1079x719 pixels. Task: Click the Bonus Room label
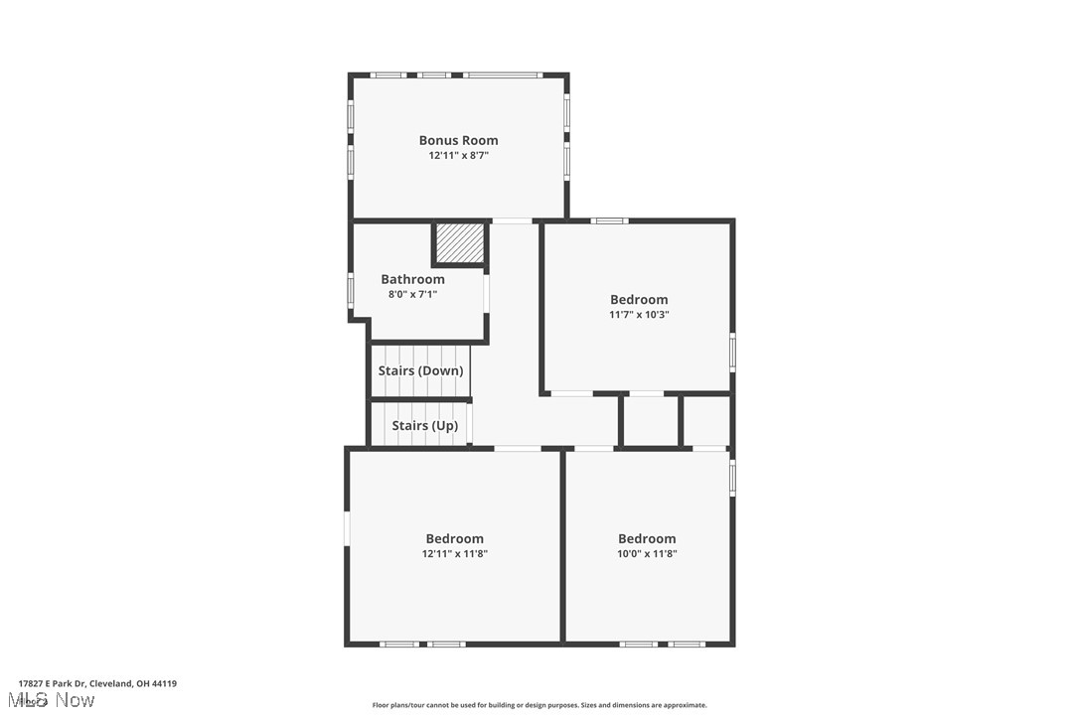(458, 141)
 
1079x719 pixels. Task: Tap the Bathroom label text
(412, 280)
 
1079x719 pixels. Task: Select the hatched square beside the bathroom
(460, 242)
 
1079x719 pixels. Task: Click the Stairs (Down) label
(420, 371)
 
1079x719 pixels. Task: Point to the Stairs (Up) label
(424, 426)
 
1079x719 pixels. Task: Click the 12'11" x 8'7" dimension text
(458, 156)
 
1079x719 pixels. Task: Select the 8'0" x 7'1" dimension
(412, 294)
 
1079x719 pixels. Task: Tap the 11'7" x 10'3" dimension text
(639, 315)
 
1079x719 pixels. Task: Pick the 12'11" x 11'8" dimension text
(454, 554)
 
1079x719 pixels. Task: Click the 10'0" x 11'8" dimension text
(647, 554)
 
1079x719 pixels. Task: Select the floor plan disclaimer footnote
(539, 705)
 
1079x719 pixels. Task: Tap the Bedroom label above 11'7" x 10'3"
(639, 300)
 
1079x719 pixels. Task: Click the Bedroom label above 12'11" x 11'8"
(454, 539)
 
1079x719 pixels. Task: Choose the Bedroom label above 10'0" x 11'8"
(647, 539)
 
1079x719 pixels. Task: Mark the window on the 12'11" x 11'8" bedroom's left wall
(347, 527)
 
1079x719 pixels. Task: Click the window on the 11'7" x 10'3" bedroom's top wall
(609, 220)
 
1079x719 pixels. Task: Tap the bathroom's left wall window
(350, 289)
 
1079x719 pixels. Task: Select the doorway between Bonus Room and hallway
(512, 220)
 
